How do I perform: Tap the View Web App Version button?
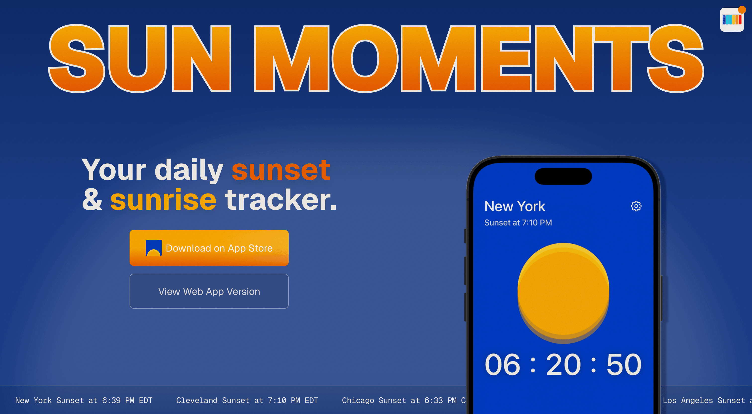pos(209,291)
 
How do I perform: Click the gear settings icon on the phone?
pos(636,206)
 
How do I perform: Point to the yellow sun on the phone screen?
pos(563,292)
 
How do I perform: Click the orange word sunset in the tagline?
pos(281,170)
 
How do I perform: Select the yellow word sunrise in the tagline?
pos(163,200)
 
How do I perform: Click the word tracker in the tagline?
pos(281,200)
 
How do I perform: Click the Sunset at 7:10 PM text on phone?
pos(518,223)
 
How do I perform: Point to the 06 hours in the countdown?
pos(502,365)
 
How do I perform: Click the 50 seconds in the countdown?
pos(624,365)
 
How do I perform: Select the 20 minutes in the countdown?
pos(563,365)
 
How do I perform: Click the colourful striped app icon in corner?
pos(732,20)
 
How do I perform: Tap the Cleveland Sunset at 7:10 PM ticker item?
pos(247,400)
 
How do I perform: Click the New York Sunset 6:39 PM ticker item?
pos(84,400)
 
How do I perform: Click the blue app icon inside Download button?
pos(153,248)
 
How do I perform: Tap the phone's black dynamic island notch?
pos(563,176)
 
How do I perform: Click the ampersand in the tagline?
pos(92,200)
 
